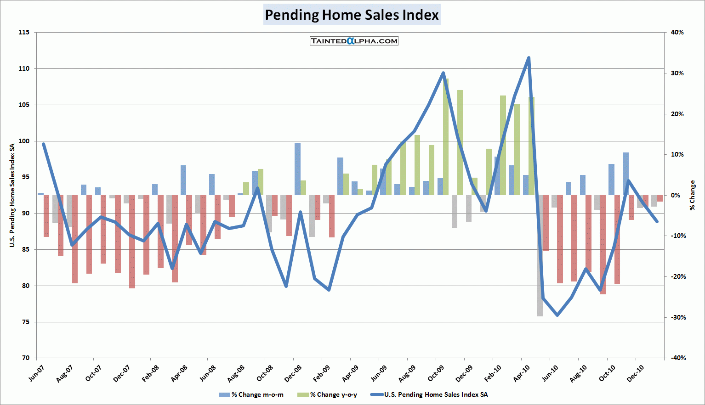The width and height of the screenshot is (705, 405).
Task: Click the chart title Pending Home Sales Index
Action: tap(352, 15)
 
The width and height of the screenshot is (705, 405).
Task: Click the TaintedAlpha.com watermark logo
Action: tap(354, 41)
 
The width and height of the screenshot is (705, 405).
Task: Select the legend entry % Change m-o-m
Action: tap(251, 394)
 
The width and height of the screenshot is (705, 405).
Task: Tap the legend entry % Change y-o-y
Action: tap(328, 394)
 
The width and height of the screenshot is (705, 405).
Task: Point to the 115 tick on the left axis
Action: tap(24, 33)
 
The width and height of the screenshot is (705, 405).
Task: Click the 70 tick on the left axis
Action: tap(25, 358)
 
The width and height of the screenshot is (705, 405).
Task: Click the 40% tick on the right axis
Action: tap(677, 33)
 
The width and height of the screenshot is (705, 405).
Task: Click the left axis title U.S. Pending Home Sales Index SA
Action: tap(12, 195)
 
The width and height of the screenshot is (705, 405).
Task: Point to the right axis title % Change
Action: tap(693, 195)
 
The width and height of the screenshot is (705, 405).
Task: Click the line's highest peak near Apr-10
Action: tap(529, 57)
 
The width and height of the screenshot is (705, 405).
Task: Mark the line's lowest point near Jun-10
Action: tap(557, 315)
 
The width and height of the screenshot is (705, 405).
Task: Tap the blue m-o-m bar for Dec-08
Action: tap(297, 169)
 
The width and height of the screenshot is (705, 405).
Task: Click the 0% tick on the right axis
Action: tap(676, 195)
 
